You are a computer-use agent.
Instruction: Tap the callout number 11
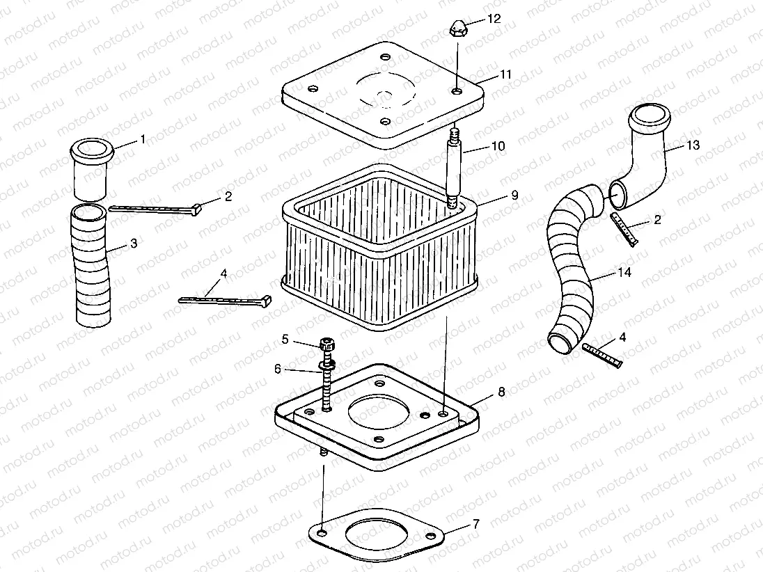(x=505, y=74)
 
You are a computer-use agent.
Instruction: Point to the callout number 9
(x=514, y=196)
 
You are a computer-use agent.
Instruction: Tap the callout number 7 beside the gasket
(x=475, y=523)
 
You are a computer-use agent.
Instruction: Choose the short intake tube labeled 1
(x=91, y=170)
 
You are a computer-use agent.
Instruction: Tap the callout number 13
(x=693, y=145)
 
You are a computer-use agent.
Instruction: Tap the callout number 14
(x=624, y=273)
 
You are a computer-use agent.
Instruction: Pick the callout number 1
(x=143, y=139)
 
